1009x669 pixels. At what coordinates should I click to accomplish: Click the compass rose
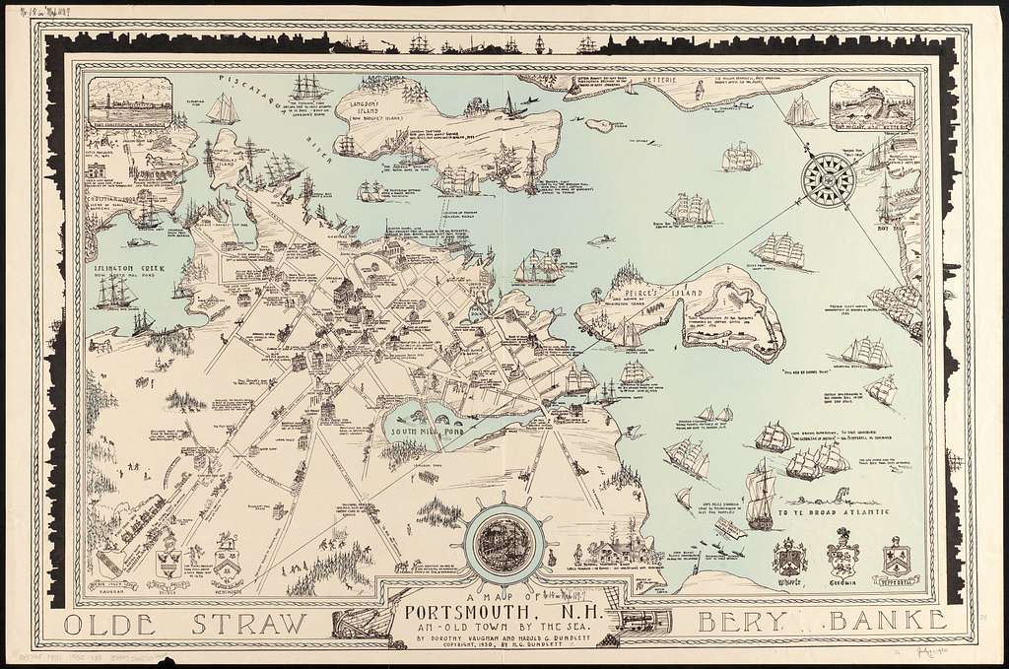827,178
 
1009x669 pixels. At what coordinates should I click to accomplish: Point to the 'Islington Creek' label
117,265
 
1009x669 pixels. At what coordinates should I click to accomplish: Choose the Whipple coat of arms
789,560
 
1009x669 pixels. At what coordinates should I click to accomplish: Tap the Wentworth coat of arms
228,560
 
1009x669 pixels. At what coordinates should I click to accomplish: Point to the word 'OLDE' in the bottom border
104,624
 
